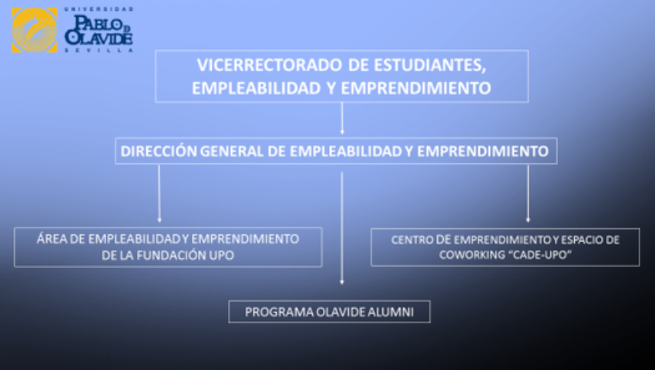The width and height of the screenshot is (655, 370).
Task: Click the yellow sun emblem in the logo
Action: coord(34,30)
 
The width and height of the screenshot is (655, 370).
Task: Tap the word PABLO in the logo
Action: coord(96,24)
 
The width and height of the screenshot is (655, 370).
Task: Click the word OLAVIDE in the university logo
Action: coord(99,38)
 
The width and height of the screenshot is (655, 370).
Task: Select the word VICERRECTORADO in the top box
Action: coord(270,66)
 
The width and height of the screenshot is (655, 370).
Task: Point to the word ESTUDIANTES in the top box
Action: coord(430,66)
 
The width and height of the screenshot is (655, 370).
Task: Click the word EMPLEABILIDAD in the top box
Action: coord(256,88)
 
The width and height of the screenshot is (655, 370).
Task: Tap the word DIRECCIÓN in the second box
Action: coord(158,151)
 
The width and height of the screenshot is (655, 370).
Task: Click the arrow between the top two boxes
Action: coord(342,118)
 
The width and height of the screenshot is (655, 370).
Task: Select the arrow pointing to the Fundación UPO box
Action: coord(160,193)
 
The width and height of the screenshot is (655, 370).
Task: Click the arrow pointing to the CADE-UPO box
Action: coord(528,193)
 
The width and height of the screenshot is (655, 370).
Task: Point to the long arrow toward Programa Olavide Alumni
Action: coord(341,228)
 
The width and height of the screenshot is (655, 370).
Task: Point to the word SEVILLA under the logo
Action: coord(99,50)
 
